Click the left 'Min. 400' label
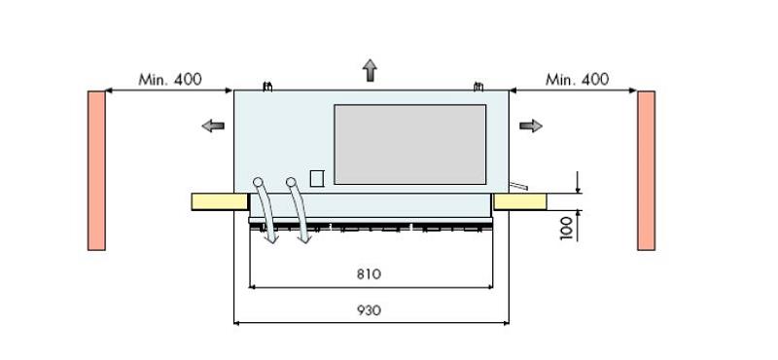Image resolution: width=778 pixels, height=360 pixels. pos(170,79)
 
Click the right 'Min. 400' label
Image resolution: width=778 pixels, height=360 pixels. pos(578,79)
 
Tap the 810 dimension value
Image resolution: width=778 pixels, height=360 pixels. pos(369,273)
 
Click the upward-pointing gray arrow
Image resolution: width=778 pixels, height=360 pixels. pos(370,70)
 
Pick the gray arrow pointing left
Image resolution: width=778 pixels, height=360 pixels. pos(213,126)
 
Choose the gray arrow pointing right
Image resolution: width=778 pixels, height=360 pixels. pos(530,126)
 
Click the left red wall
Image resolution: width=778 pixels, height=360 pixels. pos(96,170)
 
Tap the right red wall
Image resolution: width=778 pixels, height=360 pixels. pos(646,170)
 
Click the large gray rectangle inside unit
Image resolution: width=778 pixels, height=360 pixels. pos(409,144)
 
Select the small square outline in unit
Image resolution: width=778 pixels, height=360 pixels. pos(316,177)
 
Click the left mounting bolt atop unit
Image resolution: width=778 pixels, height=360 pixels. pos(268,86)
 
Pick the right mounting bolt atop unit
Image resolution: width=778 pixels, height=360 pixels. pos(477,86)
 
